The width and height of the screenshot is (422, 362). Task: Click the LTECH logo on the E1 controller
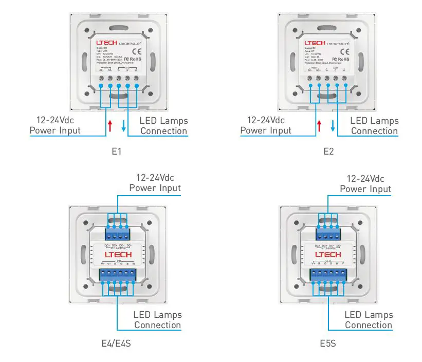point(106,43)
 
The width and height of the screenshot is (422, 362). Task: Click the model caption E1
point(116,152)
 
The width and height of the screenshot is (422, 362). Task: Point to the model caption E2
point(329,152)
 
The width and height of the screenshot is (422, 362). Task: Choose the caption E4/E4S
point(116,343)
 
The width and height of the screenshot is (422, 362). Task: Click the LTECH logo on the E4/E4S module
point(118,255)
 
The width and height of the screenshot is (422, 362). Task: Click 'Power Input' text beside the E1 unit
point(55,130)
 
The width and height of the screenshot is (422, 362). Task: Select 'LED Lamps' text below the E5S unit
point(369,315)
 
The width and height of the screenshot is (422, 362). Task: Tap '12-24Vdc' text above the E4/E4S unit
point(155,178)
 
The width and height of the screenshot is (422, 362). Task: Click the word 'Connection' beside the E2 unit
point(375,131)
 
